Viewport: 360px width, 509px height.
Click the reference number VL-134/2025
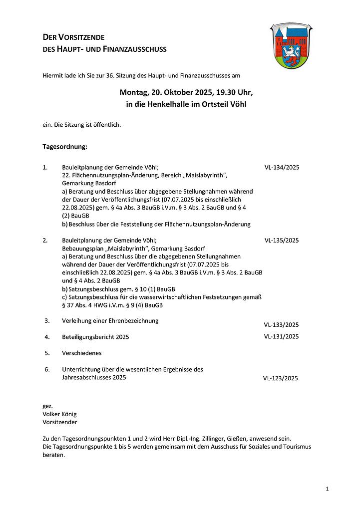pyautogui.click(x=282, y=168)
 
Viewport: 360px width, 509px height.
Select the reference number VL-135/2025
pyautogui.click(x=282, y=240)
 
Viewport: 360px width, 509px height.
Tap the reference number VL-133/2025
pyautogui.click(x=281, y=324)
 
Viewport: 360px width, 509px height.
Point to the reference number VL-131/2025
pyautogui.click(x=281, y=336)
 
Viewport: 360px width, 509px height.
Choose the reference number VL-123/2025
pyautogui.click(x=280, y=378)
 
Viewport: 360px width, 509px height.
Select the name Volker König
pyautogui.click(x=60, y=414)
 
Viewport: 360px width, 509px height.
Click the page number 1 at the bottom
pyautogui.click(x=327, y=489)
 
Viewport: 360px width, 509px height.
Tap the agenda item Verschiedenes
pyautogui.click(x=82, y=353)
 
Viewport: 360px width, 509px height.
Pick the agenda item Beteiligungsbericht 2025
pyautogui.click(x=95, y=337)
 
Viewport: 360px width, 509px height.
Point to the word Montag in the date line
pyautogui.click(x=134, y=92)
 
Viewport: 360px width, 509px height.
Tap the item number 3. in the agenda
pyautogui.click(x=47, y=320)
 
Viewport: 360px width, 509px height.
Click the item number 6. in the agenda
pyautogui.click(x=47, y=369)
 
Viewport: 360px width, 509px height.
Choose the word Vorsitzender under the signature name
pyautogui.click(x=60, y=422)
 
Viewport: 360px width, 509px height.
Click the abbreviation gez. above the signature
pyautogui.click(x=48, y=406)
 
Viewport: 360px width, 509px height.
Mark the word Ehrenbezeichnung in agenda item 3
pyautogui.click(x=131, y=320)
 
